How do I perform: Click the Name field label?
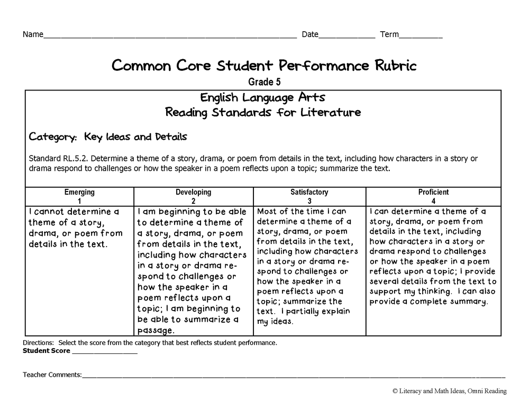pyautogui.click(x=33, y=35)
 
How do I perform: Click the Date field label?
pyautogui.click(x=310, y=35)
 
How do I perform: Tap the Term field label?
pyautogui.click(x=389, y=35)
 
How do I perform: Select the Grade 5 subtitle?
pyautogui.click(x=264, y=82)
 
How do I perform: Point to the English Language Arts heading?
pyautogui.click(x=263, y=98)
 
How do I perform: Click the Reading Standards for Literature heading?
pyautogui.click(x=263, y=112)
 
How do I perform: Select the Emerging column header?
pyautogui.click(x=79, y=192)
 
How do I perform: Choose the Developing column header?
pyautogui.click(x=193, y=192)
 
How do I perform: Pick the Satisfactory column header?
pyautogui.click(x=309, y=192)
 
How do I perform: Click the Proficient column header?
pyautogui.click(x=433, y=192)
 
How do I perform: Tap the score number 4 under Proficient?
pyautogui.click(x=433, y=201)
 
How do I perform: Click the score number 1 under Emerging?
pyautogui.click(x=79, y=201)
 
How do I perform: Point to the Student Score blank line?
pyautogui.click(x=104, y=352)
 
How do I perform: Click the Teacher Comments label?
pyautogui.click(x=52, y=375)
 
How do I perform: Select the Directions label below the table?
pyautogui.click(x=38, y=342)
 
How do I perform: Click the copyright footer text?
pyautogui.click(x=450, y=391)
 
